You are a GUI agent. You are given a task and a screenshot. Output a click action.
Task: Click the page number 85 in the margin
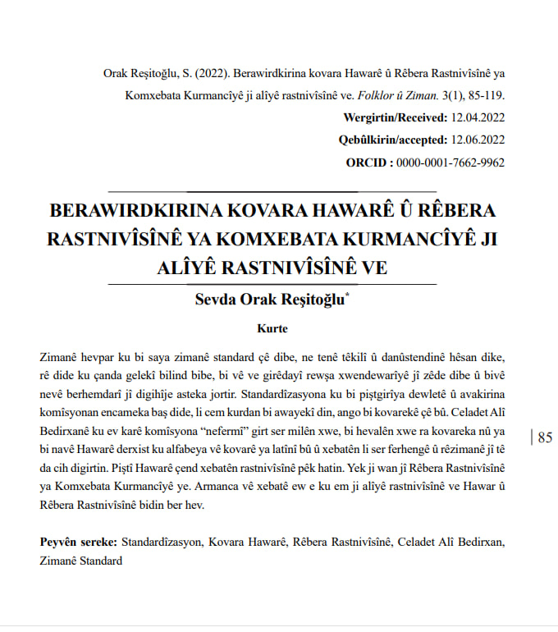pos(545,437)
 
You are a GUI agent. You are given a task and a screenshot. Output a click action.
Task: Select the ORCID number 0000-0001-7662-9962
pos(451,162)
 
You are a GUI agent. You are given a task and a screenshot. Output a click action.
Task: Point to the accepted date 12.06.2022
pos(478,140)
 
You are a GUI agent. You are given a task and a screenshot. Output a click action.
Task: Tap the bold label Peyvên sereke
pos(79,543)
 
